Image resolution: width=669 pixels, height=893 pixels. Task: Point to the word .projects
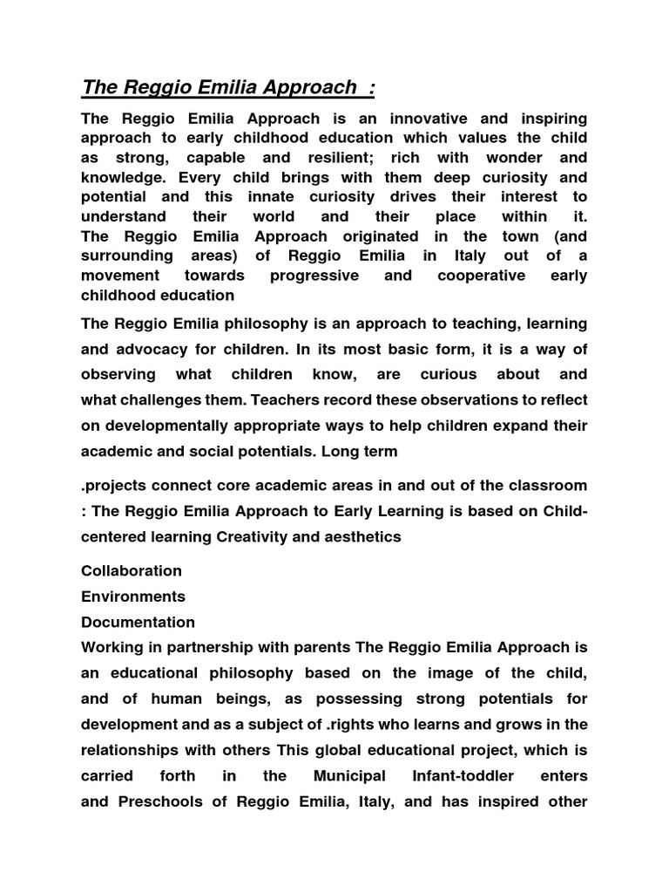tap(115, 485)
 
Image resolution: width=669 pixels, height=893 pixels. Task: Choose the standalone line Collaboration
tap(132, 571)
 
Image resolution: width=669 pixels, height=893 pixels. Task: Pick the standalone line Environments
tap(133, 597)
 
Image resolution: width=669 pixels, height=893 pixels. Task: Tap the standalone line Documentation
tap(138, 623)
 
